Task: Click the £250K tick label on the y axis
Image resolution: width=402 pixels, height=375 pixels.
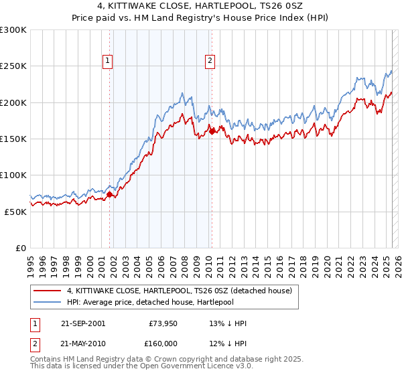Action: coord(13,66)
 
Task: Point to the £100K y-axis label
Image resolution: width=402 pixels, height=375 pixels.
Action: coord(13,175)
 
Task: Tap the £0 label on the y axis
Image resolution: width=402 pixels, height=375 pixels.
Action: coord(20,248)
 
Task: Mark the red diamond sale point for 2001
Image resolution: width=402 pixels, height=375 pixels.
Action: coord(109,194)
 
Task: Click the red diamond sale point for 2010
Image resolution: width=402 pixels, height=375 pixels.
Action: coord(212,131)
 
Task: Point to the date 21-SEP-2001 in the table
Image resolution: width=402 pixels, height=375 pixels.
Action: coord(82,323)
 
